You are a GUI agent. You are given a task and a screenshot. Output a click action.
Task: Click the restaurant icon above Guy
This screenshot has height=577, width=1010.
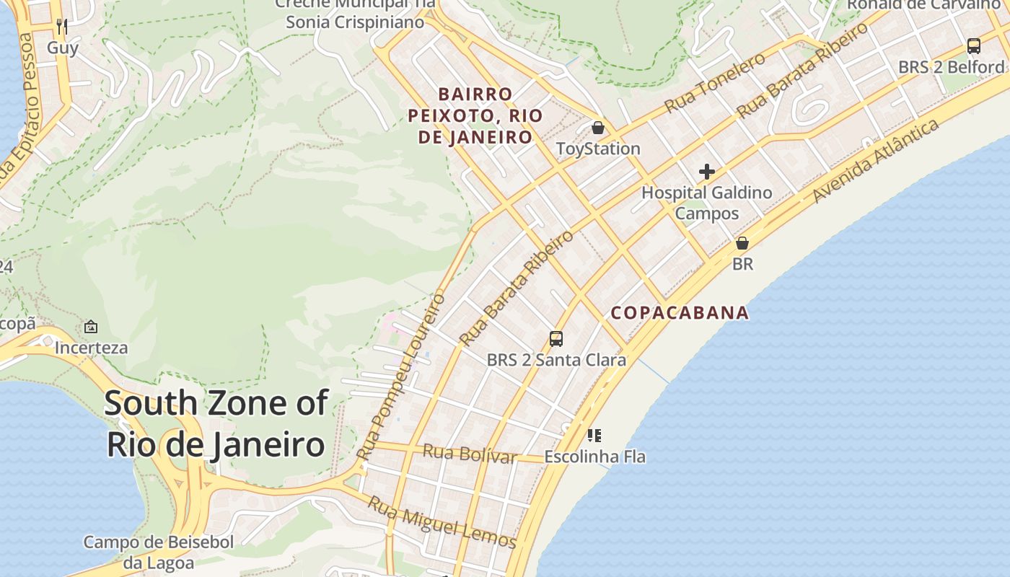pos(62,27)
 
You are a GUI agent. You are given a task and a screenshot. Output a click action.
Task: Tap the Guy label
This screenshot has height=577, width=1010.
pos(62,48)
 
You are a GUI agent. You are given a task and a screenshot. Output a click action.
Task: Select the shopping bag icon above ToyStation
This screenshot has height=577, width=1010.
pos(598,128)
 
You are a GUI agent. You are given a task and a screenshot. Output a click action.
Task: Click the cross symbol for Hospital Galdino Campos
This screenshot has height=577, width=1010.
pos(707,172)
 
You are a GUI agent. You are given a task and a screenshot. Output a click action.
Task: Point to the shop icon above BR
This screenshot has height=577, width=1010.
pos(742,243)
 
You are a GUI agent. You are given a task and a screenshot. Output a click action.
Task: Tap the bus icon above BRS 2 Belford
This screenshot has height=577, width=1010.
pos(974,46)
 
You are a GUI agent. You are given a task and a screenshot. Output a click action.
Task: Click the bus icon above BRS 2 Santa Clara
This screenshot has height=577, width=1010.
pos(556,338)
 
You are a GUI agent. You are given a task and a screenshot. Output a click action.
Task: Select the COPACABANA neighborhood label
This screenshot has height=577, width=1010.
pos(680,313)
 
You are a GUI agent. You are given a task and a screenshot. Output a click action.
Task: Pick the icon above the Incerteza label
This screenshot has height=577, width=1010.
pos(91,327)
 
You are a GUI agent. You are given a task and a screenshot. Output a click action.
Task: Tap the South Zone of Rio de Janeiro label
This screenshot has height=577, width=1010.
pos(216,423)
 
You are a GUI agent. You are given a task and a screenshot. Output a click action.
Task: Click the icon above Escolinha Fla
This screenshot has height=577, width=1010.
pos(594,435)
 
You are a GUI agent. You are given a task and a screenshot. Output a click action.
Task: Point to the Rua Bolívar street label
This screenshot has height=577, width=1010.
pos(470,454)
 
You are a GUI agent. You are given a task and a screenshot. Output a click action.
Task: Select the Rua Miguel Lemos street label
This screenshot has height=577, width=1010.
pos(442,523)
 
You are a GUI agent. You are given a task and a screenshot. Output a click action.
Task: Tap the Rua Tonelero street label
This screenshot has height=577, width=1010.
pos(714,83)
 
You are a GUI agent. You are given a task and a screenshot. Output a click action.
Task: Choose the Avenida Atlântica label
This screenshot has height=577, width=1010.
pos(876,160)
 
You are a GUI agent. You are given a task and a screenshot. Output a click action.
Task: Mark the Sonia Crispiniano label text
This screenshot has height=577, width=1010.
pos(354,22)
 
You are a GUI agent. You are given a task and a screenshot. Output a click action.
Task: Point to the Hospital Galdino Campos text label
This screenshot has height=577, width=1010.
pos(707,203)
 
